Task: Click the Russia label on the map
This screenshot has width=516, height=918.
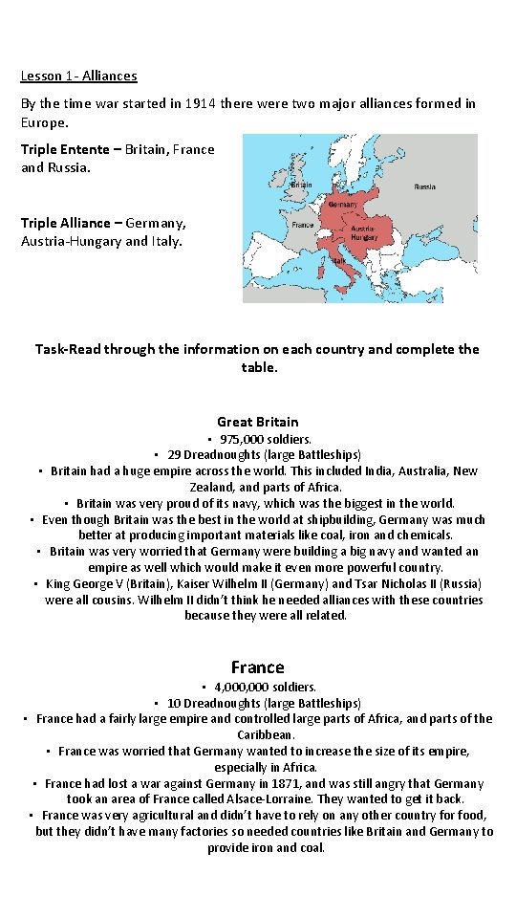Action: click(x=425, y=186)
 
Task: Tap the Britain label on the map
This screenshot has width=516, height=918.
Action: click(x=301, y=185)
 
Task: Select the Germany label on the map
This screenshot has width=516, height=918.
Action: click(x=343, y=205)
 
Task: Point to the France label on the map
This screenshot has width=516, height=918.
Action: click(x=303, y=226)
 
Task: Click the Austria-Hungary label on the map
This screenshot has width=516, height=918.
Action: click(x=363, y=232)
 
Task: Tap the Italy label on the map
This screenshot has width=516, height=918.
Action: click(x=339, y=259)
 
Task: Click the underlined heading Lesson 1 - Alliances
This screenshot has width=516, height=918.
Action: click(x=79, y=76)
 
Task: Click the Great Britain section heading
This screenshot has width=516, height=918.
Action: click(x=258, y=422)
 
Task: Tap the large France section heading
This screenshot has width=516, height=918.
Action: click(x=258, y=667)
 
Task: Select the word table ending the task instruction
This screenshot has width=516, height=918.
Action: click(x=258, y=366)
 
